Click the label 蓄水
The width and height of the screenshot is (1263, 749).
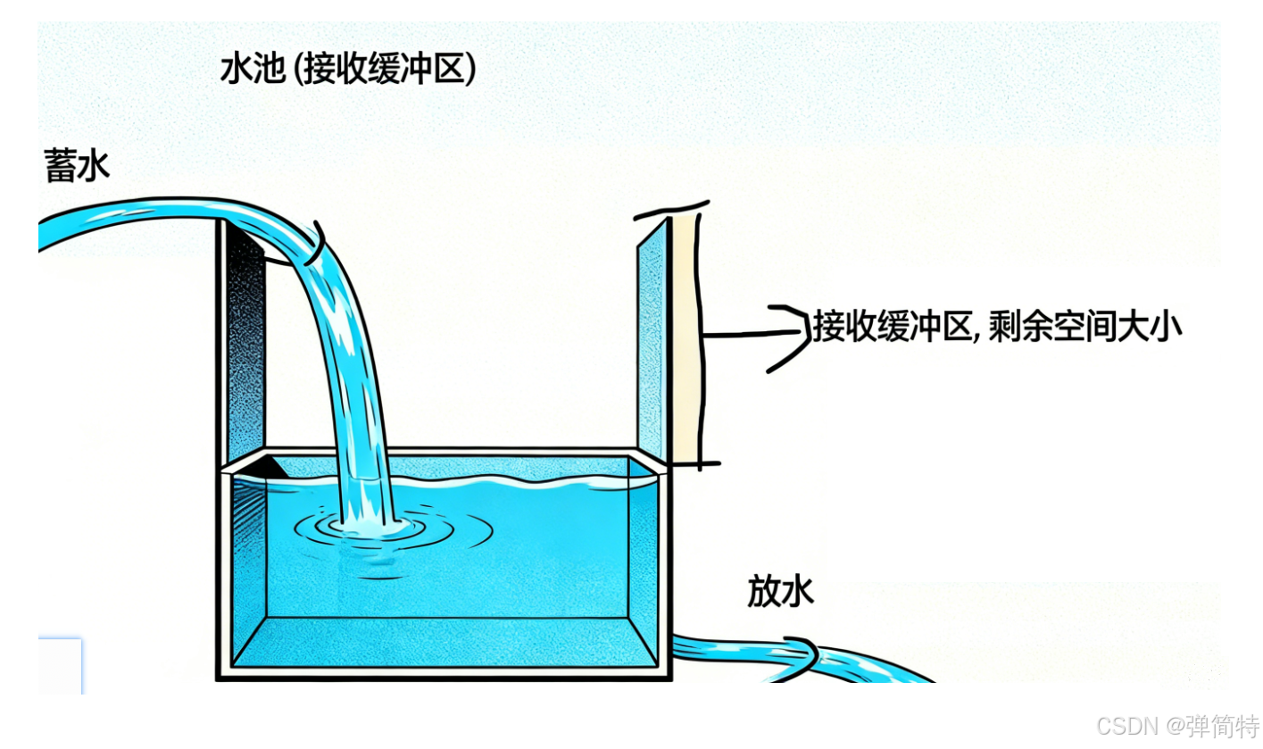(77, 167)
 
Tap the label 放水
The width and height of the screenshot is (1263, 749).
(780, 592)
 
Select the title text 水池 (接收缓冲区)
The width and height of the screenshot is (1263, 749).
(348, 70)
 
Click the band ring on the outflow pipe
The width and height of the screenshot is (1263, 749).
(802, 656)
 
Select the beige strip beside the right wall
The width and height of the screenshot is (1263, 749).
(685, 339)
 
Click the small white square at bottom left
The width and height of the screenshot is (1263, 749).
(60, 665)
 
